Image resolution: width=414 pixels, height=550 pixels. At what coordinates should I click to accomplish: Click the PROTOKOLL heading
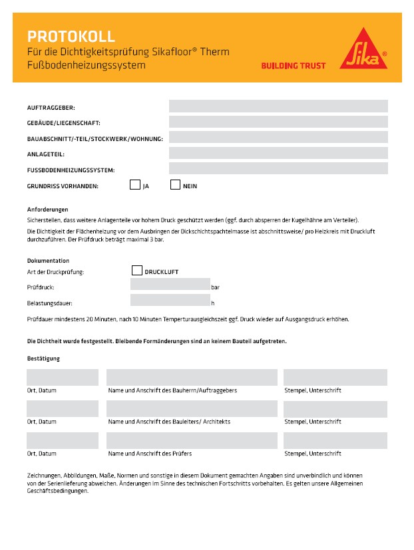coord(71,37)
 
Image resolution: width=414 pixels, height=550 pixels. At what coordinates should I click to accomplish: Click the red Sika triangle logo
coord(363,50)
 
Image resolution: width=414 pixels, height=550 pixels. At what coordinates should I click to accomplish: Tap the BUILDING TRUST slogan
coord(293,66)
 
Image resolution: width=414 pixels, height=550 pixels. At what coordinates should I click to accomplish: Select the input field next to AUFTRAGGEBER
coord(278,106)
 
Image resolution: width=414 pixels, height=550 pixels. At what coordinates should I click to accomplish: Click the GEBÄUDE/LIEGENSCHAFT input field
coord(278,122)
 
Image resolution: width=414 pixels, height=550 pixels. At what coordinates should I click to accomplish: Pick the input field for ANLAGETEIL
coord(278,153)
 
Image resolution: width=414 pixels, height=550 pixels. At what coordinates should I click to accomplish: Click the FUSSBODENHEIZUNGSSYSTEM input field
coord(278,168)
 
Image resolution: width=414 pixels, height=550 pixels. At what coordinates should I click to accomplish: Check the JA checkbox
coord(135,185)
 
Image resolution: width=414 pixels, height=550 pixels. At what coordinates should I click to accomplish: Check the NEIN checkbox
coord(176,185)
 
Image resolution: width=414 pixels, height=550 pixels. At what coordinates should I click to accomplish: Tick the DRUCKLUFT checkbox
coord(137,271)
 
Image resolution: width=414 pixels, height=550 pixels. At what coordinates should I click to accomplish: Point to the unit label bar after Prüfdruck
coord(215,288)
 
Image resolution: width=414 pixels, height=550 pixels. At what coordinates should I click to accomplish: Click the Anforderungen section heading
coord(47,209)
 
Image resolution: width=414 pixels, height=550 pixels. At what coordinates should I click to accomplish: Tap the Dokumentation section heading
coord(48,261)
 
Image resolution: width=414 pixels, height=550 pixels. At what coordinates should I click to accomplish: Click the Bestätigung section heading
coord(43,358)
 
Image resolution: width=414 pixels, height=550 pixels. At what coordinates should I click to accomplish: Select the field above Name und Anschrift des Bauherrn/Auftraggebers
coord(192,377)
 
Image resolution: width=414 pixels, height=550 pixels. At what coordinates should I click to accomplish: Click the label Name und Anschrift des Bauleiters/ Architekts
coord(169,422)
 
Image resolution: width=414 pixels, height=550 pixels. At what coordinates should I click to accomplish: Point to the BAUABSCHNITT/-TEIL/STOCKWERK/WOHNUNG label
coord(95,138)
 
